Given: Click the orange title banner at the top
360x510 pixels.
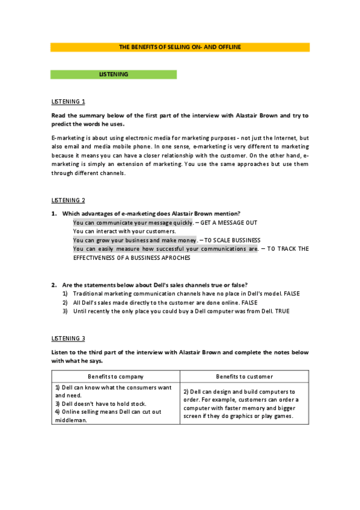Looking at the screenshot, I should click(x=180, y=47).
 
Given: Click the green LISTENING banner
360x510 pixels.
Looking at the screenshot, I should click(x=114, y=75).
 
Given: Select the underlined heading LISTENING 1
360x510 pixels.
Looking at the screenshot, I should click(x=68, y=101).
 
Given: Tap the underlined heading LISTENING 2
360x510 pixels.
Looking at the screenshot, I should click(x=68, y=200).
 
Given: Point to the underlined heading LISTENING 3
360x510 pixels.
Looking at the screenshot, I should click(x=68, y=339).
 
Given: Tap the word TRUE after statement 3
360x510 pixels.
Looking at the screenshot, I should click(x=276, y=312).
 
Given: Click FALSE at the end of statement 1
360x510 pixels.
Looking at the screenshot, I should click(x=291, y=293).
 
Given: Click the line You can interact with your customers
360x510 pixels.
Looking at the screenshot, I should click(x=124, y=231).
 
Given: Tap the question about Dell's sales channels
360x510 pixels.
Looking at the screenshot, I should click(x=155, y=284).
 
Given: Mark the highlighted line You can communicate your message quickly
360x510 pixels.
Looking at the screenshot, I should click(x=133, y=223).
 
